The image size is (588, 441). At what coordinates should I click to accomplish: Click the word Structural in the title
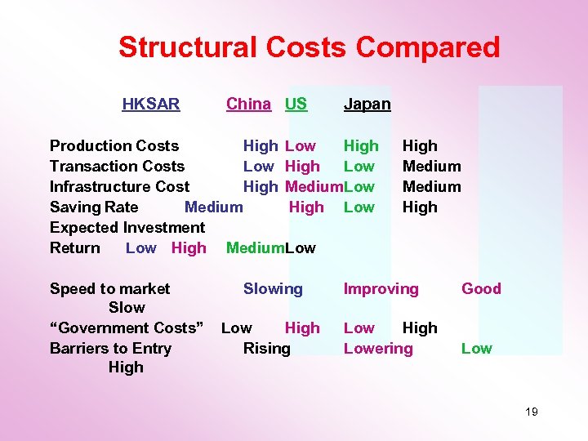pos(186,47)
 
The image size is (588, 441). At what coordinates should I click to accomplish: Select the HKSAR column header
pos(151,104)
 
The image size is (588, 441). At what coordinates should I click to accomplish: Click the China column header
pos(248,104)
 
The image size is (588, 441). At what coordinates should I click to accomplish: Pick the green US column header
pos(296,104)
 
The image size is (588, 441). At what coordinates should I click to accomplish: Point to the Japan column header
pos(367,105)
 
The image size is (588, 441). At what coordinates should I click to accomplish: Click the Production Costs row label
pos(114,146)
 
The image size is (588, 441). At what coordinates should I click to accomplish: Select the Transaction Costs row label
pos(117,167)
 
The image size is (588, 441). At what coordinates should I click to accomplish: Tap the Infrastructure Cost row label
pos(119,187)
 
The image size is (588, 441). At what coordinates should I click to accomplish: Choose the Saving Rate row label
pos(94,207)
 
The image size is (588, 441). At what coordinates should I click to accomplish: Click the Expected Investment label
pos(127,228)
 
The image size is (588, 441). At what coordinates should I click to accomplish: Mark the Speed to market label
pos(110,289)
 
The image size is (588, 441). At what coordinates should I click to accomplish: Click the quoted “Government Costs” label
pos(127,328)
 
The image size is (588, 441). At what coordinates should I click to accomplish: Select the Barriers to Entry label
pos(110,349)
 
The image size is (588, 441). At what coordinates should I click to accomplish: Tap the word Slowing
pos(273,289)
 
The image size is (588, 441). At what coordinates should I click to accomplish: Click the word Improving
pos(381,289)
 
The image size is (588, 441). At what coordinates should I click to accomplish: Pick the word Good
pos(481,289)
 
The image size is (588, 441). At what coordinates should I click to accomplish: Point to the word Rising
pos(266,349)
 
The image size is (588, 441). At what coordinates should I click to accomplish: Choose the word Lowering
pos(378,349)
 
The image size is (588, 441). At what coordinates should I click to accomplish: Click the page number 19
pos(531,412)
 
